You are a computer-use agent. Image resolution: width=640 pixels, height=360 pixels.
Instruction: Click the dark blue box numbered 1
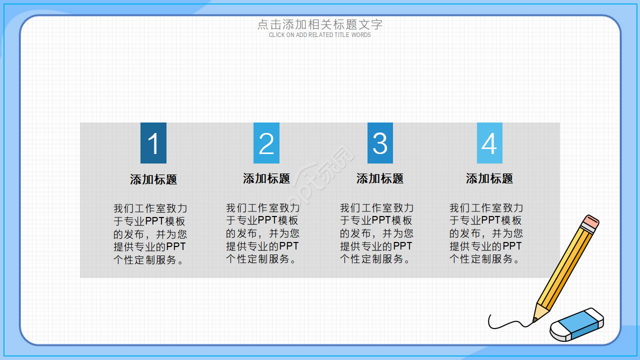[x=153, y=143]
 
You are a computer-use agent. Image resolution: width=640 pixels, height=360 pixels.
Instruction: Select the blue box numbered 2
[x=266, y=143]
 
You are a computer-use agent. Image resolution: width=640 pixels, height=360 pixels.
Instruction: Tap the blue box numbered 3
[x=380, y=143]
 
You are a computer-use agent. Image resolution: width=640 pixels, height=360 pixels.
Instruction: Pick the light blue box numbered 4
[x=489, y=143]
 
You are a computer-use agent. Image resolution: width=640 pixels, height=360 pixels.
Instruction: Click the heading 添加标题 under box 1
[x=153, y=179]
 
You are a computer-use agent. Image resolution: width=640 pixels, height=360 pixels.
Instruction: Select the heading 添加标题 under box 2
[x=266, y=178]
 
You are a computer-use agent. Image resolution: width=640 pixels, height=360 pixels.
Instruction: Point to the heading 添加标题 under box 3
[x=379, y=178]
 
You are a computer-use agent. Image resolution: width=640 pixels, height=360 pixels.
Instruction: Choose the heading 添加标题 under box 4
[x=489, y=178]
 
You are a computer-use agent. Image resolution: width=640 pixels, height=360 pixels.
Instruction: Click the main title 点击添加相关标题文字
[x=319, y=24]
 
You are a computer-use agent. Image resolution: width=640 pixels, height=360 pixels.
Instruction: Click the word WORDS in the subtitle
[x=361, y=35]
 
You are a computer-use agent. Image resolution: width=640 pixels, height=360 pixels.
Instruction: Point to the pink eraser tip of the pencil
[x=591, y=221]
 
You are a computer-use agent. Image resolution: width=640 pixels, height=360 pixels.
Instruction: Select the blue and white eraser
[x=577, y=324]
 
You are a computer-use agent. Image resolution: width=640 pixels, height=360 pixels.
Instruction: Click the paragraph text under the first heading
[x=150, y=234]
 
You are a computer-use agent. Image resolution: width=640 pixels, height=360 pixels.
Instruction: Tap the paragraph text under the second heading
[x=263, y=233]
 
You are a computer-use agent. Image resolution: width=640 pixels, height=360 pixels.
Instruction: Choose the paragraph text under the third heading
[x=376, y=233]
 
